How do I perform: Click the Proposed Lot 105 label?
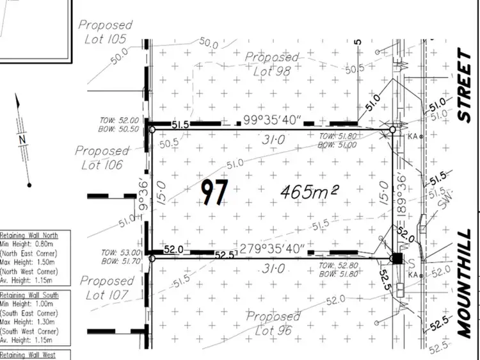106,32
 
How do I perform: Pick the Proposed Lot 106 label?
102,158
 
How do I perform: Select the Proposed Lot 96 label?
273,323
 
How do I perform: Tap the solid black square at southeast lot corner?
397,258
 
